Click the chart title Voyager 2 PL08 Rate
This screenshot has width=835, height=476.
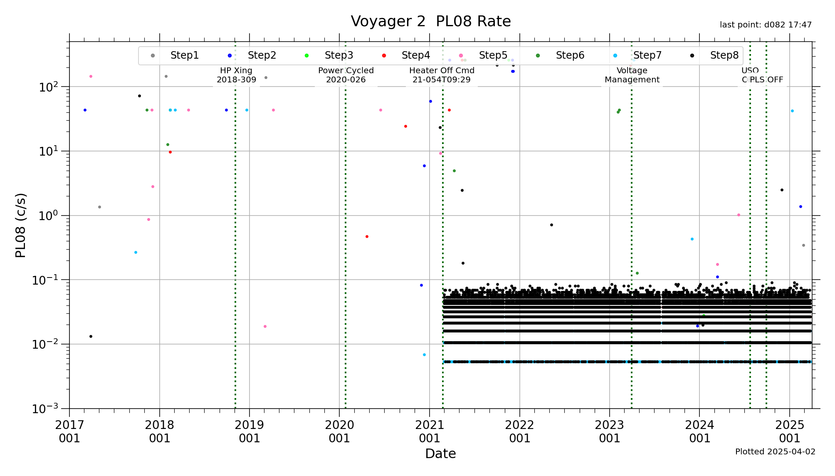430,21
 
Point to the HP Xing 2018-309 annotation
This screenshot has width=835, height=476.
236,75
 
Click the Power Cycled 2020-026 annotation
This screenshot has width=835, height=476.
346,75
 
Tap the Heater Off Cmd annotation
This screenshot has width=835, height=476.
442,75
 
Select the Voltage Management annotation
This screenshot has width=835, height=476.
632,75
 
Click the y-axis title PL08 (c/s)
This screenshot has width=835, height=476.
21,225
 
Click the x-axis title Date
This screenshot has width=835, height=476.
440,454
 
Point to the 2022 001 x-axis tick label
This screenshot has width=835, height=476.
519,431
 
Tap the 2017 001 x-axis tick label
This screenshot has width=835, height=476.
69,431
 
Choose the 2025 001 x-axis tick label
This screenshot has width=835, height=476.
789,431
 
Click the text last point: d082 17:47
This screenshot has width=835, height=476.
766,25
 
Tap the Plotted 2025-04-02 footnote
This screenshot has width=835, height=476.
775,452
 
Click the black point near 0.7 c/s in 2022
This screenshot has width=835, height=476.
551,225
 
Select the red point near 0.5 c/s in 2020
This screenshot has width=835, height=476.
367,236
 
